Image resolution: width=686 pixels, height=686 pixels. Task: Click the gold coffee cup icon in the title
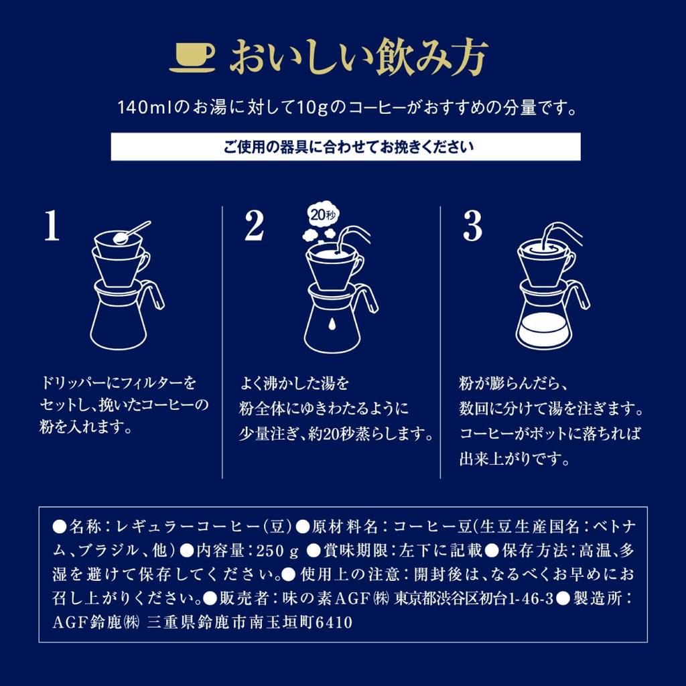192,58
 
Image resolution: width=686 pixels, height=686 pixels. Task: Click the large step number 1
52,228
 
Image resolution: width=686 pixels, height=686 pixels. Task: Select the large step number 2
254,228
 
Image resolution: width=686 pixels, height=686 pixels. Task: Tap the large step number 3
472,228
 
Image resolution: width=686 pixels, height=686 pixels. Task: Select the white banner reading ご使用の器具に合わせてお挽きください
345,146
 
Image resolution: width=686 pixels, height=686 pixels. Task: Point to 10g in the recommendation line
316,108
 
